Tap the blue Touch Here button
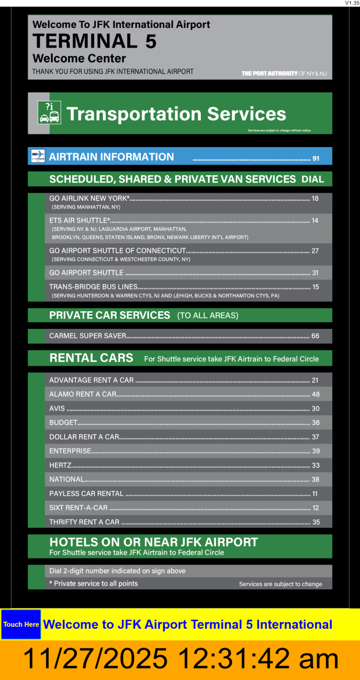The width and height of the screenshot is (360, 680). (21, 624)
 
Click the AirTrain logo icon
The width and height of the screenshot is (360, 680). (38, 156)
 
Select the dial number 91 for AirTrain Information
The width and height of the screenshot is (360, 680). (316, 158)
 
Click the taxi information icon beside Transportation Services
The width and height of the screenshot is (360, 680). (49, 112)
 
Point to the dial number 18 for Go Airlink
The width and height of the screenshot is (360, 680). (315, 199)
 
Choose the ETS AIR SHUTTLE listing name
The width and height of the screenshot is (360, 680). (80, 220)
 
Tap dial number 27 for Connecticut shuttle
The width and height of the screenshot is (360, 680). (315, 251)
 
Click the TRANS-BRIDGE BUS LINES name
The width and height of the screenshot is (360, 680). (93, 287)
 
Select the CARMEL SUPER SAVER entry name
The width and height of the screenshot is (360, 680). (88, 336)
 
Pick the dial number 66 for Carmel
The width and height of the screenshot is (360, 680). (315, 336)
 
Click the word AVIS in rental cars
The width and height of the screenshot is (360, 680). (57, 408)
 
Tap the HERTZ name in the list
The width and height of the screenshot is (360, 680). (60, 465)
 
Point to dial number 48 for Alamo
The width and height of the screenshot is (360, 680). (316, 394)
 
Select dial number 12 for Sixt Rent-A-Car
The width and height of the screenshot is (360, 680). (316, 508)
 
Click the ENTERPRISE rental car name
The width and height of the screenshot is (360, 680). (70, 451)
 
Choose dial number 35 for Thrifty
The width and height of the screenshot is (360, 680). (316, 522)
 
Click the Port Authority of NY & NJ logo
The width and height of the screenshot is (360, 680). (284, 73)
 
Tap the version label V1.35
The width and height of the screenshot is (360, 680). (352, 3)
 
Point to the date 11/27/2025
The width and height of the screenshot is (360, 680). (95, 659)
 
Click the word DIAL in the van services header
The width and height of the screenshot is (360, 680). (313, 179)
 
